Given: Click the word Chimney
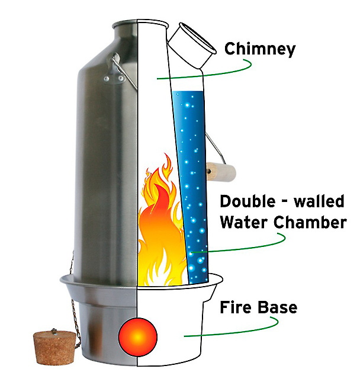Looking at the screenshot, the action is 260,49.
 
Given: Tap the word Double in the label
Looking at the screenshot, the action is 247,201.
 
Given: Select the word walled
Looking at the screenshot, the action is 319,201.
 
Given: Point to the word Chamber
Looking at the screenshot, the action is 310,222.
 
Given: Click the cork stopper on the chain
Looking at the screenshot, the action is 54,347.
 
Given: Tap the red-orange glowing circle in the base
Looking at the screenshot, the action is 138,337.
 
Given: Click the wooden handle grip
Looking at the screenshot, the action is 221,172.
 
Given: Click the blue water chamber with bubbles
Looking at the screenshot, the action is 190,187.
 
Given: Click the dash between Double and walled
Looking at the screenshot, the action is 285,202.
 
